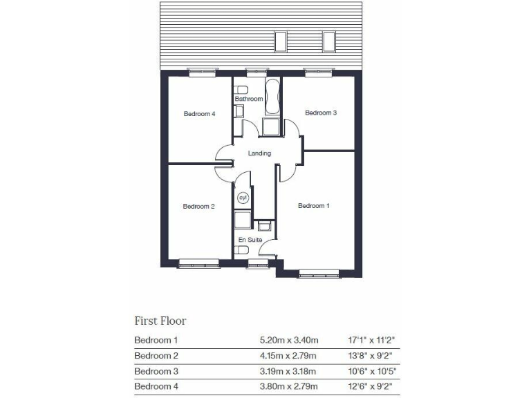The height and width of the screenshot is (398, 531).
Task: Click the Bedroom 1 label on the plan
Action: (313, 206)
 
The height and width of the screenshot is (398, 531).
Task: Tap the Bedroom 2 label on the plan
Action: (198, 206)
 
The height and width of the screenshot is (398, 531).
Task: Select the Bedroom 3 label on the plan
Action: (321, 113)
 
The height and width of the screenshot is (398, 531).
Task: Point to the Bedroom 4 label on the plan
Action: (199, 114)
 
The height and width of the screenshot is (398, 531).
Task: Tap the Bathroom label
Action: (249, 99)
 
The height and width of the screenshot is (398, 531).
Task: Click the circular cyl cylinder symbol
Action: (243, 198)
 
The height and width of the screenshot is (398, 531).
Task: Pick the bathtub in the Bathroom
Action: (271, 97)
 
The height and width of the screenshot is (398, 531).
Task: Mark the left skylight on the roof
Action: (281, 41)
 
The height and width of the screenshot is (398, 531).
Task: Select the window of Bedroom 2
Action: (198, 263)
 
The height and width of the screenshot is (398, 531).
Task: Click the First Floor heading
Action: (160, 321)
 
